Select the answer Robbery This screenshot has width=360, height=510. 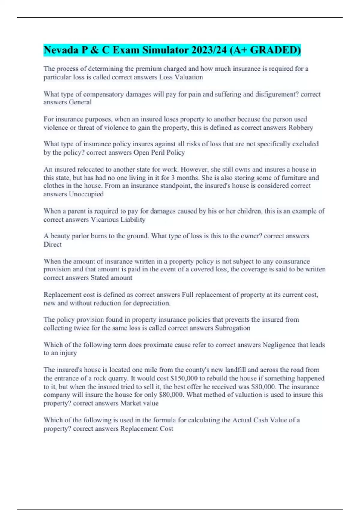[x=301, y=127]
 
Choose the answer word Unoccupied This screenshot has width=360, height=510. [x=86, y=194]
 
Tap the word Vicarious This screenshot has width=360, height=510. [x=105, y=220]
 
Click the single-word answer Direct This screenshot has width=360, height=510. [x=52, y=244]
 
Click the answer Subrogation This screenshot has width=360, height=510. [x=232, y=328]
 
